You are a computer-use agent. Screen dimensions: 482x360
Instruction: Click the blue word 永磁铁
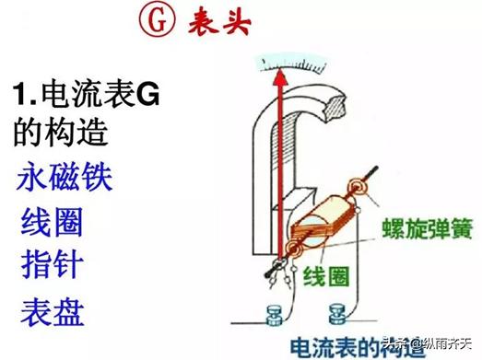(64, 177)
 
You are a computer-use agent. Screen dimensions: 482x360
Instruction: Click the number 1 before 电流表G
(20, 95)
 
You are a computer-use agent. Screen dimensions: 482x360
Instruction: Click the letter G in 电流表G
(147, 95)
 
